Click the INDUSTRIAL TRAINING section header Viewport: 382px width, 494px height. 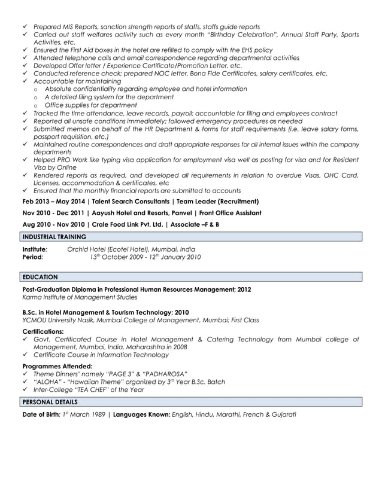tap(54, 237)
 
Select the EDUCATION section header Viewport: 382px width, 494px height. tap(40, 277)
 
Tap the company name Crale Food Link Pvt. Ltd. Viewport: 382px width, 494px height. tap(125, 224)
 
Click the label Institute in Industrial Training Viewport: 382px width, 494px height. tap(34, 249)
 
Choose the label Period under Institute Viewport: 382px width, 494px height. tap(32, 257)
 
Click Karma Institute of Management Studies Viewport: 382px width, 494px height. tap(80, 297)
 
